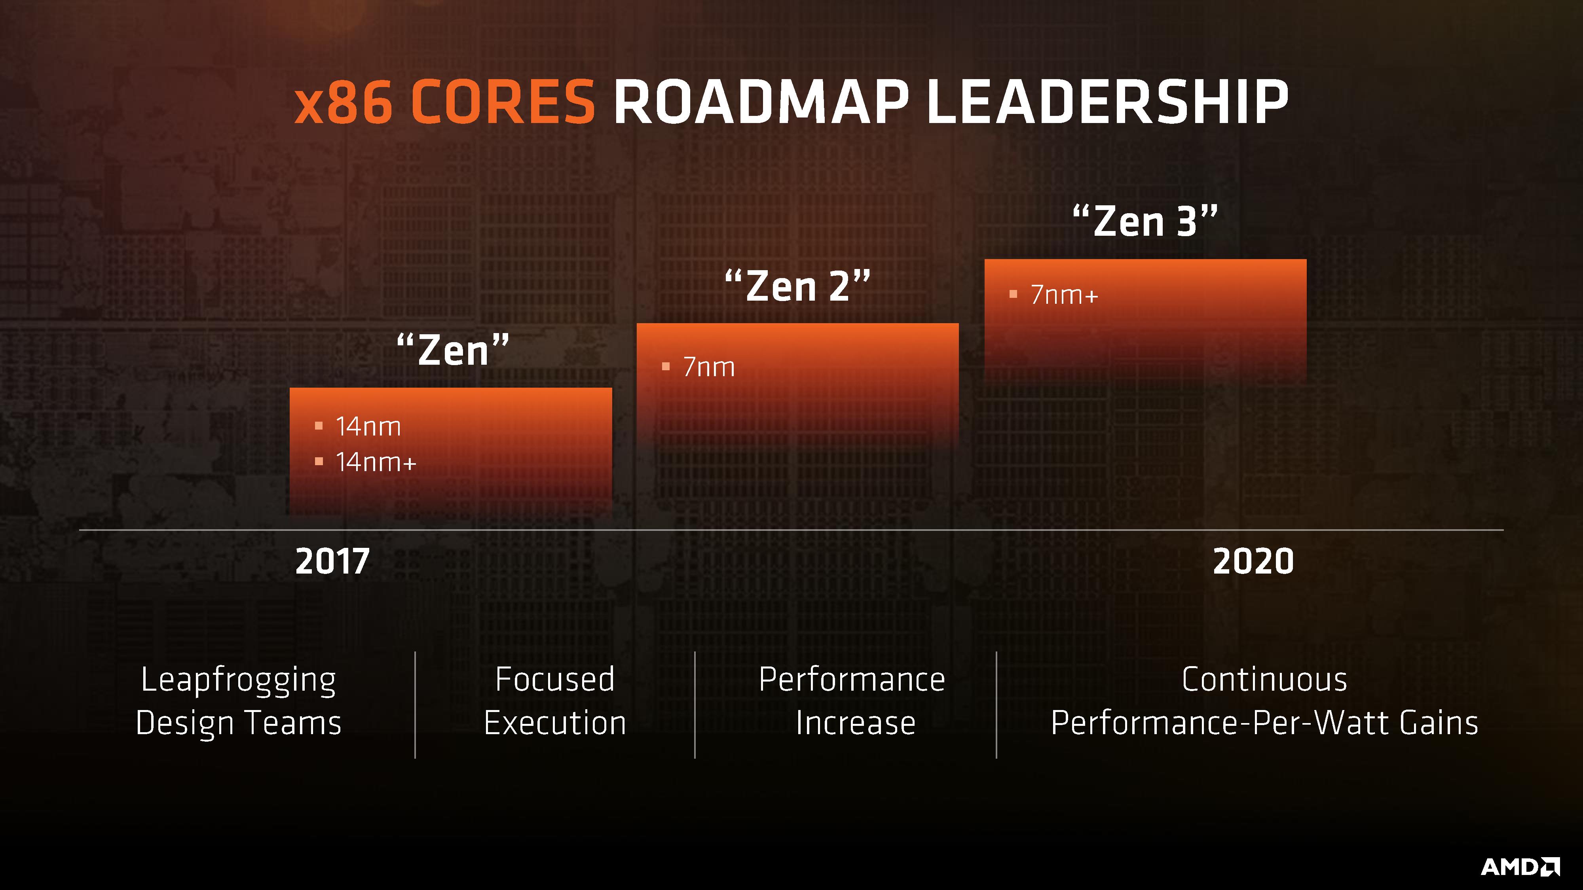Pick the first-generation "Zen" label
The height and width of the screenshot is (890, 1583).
tap(453, 350)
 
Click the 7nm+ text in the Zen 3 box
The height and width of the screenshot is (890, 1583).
tap(1064, 295)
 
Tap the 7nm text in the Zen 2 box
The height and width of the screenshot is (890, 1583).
tap(709, 367)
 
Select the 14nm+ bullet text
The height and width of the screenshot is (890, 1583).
tap(376, 462)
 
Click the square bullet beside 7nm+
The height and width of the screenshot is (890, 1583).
tap(1014, 295)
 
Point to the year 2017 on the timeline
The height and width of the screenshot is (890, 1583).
tap(332, 561)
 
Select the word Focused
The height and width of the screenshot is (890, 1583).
tap(555, 679)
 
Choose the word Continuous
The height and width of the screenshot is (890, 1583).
tap(1264, 679)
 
